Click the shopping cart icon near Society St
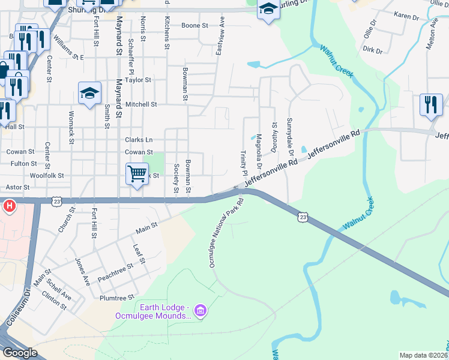(x=137, y=174)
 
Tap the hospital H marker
(x=10, y=207)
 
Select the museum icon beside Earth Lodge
(x=200, y=310)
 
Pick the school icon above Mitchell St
(x=89, y=93)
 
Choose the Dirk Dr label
(x=372, y=50)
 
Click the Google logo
(x=20, y=352)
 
